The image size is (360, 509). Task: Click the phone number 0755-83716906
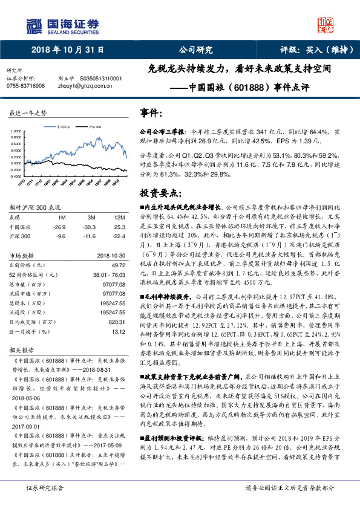pyautogui.click(x=25, y=86)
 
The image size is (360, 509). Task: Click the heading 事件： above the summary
pyautogui.click(x=151, y=113)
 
